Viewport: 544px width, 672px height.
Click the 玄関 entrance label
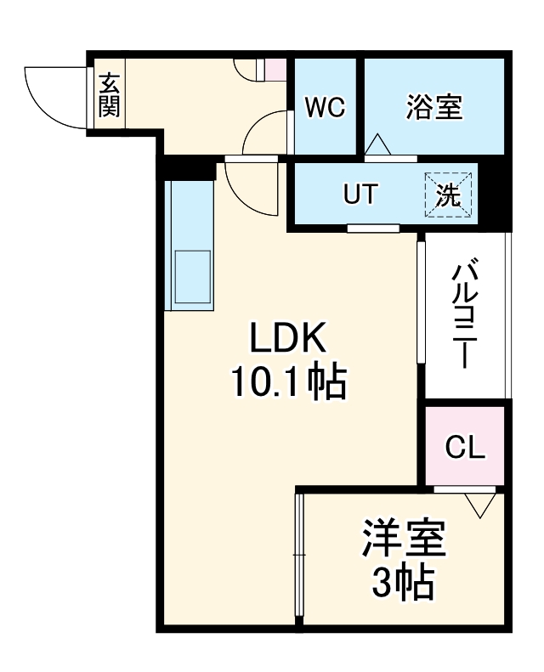(x=109, y=95)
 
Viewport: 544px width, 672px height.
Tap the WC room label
(x=325, y=108)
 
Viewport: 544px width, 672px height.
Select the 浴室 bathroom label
(x=433, y=108)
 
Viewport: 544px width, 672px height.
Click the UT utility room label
(x=360, y=195)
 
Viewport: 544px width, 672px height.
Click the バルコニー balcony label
(x=464, y=314)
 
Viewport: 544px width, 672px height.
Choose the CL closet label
(x=465, y=447)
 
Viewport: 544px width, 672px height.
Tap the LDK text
(x=286, y=339)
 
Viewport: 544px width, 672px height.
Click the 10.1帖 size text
(x=286, y=383)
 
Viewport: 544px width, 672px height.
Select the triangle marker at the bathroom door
(x=378, y=145)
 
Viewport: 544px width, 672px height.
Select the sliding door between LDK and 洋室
(x=298, y=556)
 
